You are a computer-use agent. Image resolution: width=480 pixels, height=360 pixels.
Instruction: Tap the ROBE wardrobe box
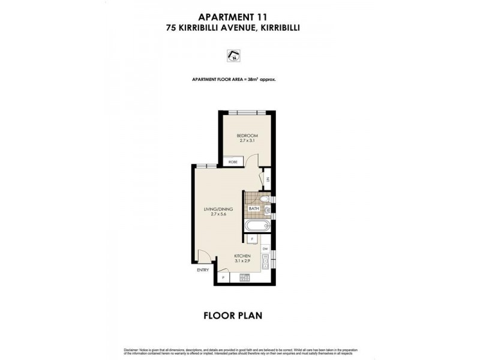point(232,162)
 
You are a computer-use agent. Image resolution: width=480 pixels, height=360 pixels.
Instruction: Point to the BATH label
point(254,209)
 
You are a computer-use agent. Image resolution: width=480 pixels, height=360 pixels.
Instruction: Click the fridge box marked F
point(252,239)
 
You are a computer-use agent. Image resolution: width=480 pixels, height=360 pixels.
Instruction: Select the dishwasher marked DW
point(265,248)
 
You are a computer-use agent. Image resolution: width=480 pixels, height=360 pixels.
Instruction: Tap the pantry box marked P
point(223,278)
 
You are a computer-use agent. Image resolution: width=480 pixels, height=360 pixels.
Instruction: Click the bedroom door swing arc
point(254,160)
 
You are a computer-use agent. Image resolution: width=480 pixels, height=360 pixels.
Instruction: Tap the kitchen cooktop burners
point(244,278)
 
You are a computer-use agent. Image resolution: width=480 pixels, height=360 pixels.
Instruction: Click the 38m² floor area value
point(256,80)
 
